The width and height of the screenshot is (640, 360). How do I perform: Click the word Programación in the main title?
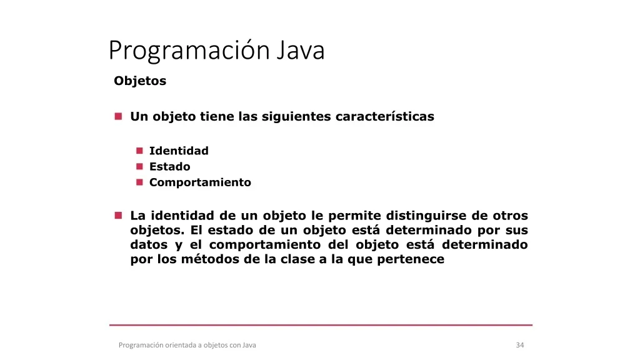pyautogui.click(x=189, y=51)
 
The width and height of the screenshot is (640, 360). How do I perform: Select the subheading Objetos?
pyautogui.click(x=140, y=81)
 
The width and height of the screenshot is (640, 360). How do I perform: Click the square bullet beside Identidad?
pyautogui.click(x=139, y=151)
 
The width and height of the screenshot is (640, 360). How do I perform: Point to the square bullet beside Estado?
pyautogui.click(x=139, y=166)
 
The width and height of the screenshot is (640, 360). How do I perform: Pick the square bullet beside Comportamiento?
pyautogui.click(x=139, y=182)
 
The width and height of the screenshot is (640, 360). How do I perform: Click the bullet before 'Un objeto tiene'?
pyautogui.click(x=118, y=116)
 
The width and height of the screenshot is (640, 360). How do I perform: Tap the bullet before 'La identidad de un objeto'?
pyautogui.click(x=118, y=215)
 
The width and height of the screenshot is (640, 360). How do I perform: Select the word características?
pyautogui.click(x=385, y=116)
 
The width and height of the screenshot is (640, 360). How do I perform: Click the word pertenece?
pyautogui.click(x=411, y=260)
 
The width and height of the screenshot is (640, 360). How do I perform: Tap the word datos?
pyautogui.click(x=149, y=245)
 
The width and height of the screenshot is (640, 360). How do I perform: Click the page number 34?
pyautogui.click(x=520, y=345)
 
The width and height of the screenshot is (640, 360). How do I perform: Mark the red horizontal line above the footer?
pyautogui.click(x=321, y=325)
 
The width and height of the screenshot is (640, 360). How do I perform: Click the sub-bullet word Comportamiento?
pyautogui.click(x=200, y=182)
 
